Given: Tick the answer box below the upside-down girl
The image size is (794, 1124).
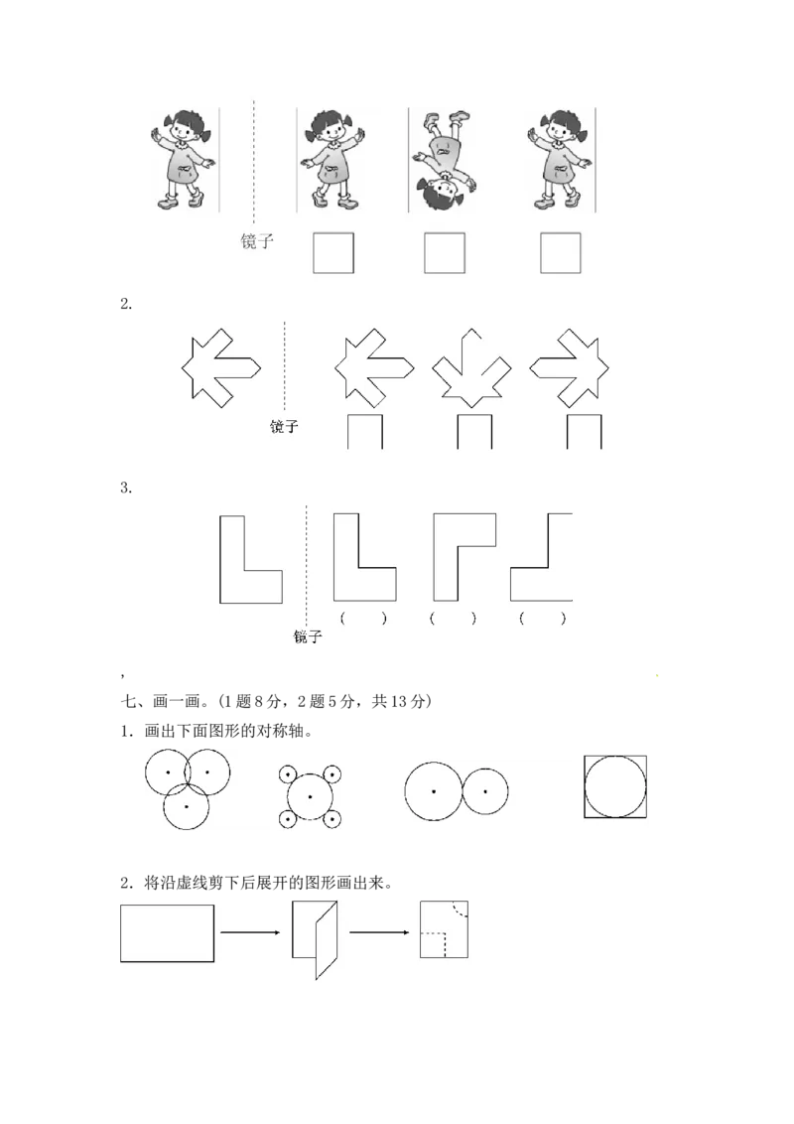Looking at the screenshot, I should tap(444, 252).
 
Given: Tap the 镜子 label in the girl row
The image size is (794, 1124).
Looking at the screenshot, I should tap(256, 241).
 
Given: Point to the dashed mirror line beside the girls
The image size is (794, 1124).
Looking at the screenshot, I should tap(253, 159).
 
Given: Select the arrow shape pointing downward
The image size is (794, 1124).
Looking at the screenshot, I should tap(471, 368).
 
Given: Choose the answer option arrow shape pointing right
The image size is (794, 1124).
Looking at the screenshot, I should tap(566, 368).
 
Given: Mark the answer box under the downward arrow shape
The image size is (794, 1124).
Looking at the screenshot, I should tap(474, 433).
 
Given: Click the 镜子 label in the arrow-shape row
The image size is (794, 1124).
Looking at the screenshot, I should tap(284, 427).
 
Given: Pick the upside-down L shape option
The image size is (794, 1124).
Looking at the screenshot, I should tap(464, 556).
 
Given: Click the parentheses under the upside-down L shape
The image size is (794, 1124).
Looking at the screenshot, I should tap(454, 618).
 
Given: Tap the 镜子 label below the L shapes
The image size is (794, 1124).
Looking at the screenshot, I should tap(308, 636).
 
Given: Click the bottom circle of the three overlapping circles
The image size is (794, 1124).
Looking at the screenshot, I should tap(187, 806).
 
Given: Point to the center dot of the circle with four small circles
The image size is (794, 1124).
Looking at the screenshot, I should tap(310, 796).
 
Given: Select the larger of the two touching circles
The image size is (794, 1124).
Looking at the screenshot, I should tap(434, 791).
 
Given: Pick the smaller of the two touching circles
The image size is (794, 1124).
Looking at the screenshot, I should tap(485, 791).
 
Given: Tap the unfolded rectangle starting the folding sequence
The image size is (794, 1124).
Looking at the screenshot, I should tap(167, 932).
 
